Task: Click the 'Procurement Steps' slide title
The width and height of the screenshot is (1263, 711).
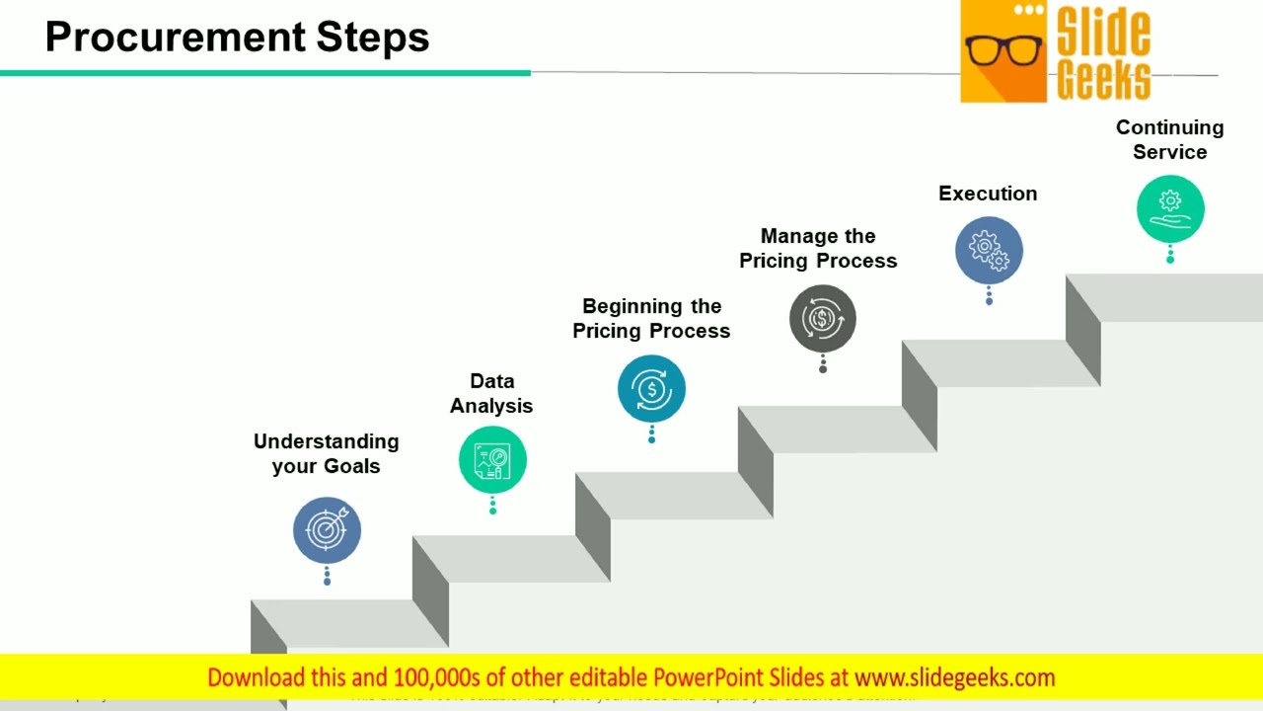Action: (x=237, y=38)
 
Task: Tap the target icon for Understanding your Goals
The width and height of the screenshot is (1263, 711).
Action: (x=327, y=530)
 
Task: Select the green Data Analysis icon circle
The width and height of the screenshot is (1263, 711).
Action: (x=492, y=459)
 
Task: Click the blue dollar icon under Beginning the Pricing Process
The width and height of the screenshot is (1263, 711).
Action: (x=651, y=389)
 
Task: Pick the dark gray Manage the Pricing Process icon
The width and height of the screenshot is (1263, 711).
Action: (x=822, y=318)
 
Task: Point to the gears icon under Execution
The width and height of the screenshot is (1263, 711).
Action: (x=989, y=250)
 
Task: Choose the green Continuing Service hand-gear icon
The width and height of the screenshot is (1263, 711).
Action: (x=1170, y=208)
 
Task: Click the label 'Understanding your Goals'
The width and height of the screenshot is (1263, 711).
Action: (x=326, y=453)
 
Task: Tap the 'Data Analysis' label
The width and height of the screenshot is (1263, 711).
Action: (x=491, y=393)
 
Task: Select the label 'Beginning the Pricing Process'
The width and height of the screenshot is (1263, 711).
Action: (x=651, y=318)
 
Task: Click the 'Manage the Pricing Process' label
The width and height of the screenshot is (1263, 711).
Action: (x=818, y=248)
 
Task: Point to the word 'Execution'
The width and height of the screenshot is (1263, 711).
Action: (x=988, y=194)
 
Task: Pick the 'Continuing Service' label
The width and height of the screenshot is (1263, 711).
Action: (x=1169, y=139)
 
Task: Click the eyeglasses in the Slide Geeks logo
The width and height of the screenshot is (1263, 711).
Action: (x=1003, y=49)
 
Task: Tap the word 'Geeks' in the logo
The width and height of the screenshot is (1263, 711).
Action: (x=1103, y=79)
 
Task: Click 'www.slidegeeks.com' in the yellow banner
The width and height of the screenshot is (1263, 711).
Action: (x=954, y=677)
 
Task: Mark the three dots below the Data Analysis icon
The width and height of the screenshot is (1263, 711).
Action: (x=492, y=506)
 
